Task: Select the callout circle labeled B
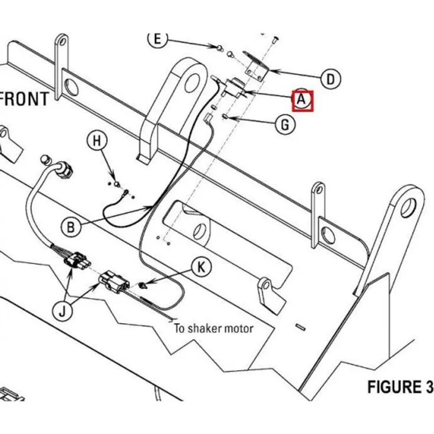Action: [71, 225]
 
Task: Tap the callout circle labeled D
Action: [331, 78]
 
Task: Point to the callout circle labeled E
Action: [157, 39]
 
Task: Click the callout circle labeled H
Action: [97, 142]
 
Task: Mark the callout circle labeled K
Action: [202, 268]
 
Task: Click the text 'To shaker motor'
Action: [213, 328]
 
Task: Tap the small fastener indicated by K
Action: [143, 287]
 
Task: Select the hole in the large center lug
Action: [189, 81]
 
